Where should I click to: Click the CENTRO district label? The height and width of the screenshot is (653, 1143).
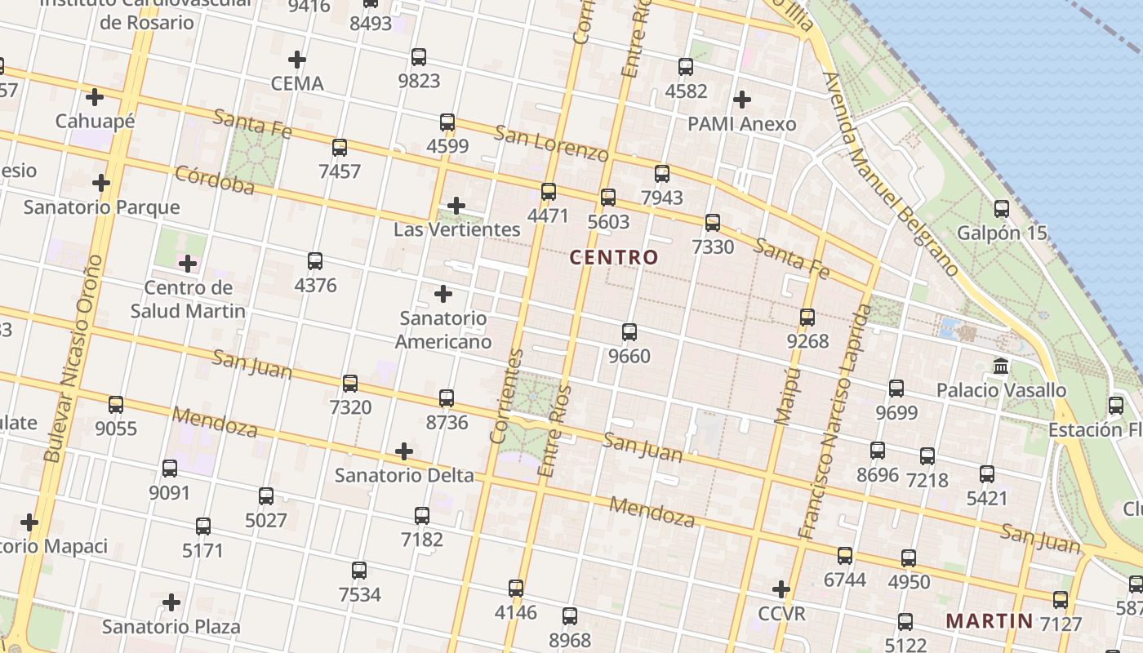pyautogui.click(x=613, y=257)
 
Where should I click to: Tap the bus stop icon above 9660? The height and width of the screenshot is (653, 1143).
pyautogui.click(x=629, y=332)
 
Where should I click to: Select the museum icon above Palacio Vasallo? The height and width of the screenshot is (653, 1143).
pyautogui.click(x=1001, y=366)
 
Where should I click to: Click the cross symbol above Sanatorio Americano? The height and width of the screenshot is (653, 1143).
pyautogui.click(x=443, y=293)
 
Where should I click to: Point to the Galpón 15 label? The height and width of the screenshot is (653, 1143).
pyautogui.click(x=1001, y=233)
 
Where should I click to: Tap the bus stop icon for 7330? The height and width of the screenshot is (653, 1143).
pyautogui.click(x=713, y=223)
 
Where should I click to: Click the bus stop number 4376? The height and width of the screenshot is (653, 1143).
pyautogui.click(x=315, y=285)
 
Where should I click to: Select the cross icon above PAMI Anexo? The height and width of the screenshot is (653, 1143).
pyautogui.click(x=741, y=100)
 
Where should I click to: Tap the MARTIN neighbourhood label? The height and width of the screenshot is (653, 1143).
pyautogui.click(x=989, y=620)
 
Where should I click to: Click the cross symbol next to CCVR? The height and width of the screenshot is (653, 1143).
pyautogui.click(x=781, y=589)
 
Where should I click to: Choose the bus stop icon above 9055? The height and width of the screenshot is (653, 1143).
pyautogui.click(x=116, y=405)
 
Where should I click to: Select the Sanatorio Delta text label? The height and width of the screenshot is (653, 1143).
pyautogui.click(x=404, y=475)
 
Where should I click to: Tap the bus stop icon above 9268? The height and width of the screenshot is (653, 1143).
pyautogui.click(x=807, y=318)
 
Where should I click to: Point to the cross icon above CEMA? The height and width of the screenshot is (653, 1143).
pyautogui.click(x=297, y=60)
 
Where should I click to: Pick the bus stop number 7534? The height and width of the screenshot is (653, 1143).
pyautogui.click(x=359, y=594)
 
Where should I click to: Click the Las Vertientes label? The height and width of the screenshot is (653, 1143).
pyautogui.click(x=456, y=229)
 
